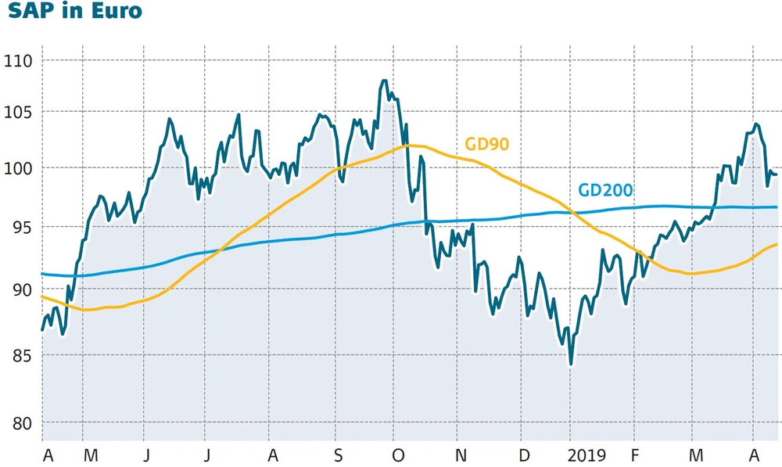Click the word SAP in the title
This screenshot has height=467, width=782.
29,13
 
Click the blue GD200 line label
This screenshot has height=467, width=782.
604,190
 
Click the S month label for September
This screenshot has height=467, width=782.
337,454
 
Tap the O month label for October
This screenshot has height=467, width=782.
398,454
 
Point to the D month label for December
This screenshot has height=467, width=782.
525,454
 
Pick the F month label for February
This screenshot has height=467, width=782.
636,454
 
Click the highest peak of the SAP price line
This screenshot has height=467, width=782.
383,81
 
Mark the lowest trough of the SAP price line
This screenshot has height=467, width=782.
571,364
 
